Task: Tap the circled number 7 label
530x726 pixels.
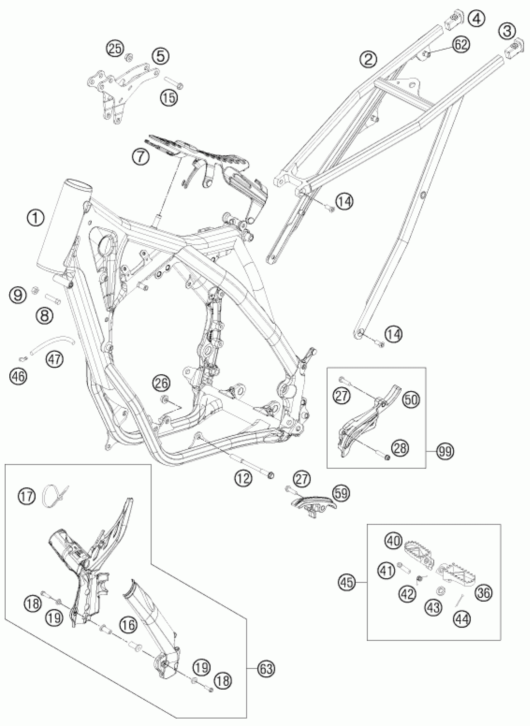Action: pos(140,157)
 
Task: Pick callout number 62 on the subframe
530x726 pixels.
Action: pos(461,45)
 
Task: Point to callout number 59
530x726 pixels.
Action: pos(341,494)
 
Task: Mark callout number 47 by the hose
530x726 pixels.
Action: pos(55,359)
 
